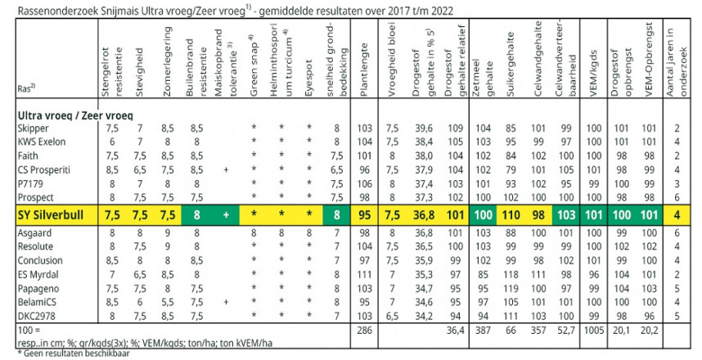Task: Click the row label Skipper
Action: pyautogui.click(x=34, y=128)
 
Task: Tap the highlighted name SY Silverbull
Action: pyautogui.click(x=49, y=215)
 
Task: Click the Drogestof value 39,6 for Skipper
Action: pyautogui.click(x=423, y=128)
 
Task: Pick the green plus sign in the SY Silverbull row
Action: pyautogui.click(x=224, y=215)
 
